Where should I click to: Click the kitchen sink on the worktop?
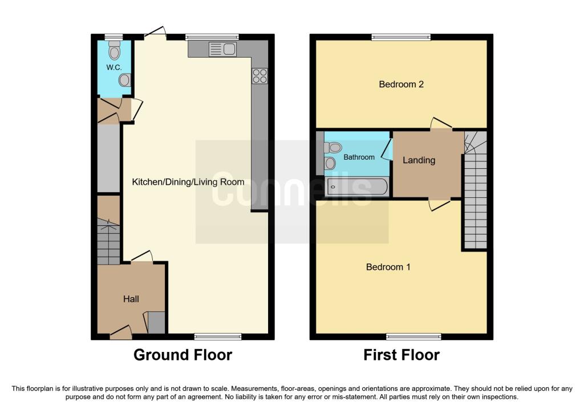point(223,50)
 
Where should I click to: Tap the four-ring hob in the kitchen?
point(259,76)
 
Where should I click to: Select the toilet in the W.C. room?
point(115,51)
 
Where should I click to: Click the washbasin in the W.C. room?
point(125,80)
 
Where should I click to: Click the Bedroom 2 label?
point(401,84)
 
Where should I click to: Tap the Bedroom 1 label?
point(388,267)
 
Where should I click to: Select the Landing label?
point(419,160)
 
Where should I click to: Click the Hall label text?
point(131,299)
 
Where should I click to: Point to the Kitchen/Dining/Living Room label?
point(188,182)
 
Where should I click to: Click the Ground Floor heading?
point(182,355)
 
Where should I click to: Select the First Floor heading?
point(401,355)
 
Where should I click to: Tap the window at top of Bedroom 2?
point(401,38)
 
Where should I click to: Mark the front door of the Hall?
point(121,333)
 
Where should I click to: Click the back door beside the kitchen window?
point(155,33)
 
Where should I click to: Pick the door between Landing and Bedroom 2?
point(441,124)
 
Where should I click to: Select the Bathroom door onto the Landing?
point(387,148)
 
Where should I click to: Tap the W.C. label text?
point(114,67)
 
